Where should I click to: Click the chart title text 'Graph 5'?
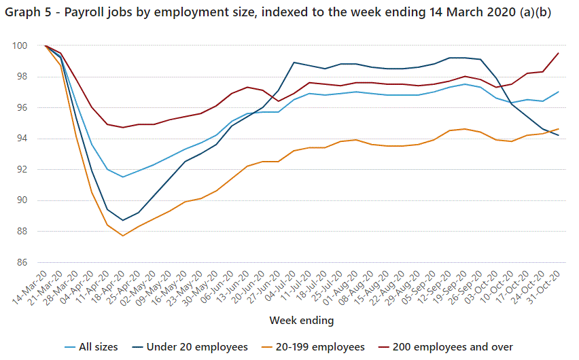pyautogui.click(x=27, y=14)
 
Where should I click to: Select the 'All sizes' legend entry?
pyautogui.click(x=99, y=347)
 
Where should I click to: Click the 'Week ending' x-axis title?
pyautogui.click(x=301, y=319)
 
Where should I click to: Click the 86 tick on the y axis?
pyautogui.click(x=21, y=262)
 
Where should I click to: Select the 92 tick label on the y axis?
pyautogui.click(x=21, y=169)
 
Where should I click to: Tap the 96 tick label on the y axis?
pyautogui.click(x=21, y=107)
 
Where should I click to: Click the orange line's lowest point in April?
pyautogui.click(x=123, y=236)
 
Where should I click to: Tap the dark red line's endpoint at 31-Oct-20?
pyautogui.click(x=559, y=53)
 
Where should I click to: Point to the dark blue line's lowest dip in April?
pyautogui.click(x=123, y=220)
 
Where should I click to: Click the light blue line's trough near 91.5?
pyautogui.click(x=123, y=177)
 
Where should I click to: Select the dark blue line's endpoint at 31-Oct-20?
pyautogui.click(x=559, y=135)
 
